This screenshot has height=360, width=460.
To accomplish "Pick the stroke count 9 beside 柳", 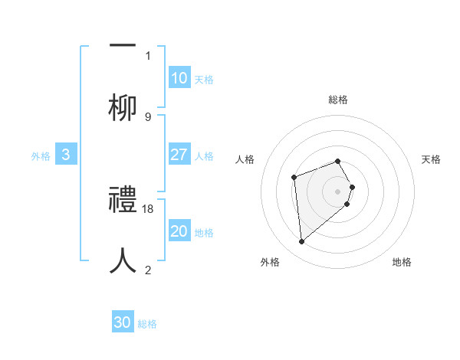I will pyautogui.click(x=148, y=116).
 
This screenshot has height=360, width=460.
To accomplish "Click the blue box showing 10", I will pyautogui.click(x=179, y=78).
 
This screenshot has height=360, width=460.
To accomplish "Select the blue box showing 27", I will pyautogui.click(x=179, y=155).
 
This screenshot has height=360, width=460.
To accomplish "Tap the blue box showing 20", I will pyautogui.click(x=179, y=231).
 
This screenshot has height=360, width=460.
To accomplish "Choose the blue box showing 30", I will pyautogui.click(x=123, y=322).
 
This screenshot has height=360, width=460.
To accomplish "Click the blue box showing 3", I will pyautogui.click(x=66, y=155).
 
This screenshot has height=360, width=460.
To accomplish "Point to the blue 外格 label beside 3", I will pyautogui.click(x=41, y=155).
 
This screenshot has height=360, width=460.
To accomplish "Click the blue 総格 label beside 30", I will pyautogui.click(x=147, y=324).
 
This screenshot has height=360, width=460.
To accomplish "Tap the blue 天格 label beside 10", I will pyautogui.click(x=204, y=79).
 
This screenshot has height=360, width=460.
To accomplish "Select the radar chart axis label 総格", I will pyautogui.click(x=338, y=100).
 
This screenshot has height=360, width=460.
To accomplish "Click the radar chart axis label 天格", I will pyautogui.click(x=432, y=159).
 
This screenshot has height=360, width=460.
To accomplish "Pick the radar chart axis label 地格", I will pyautogui.click(x=402, y=262).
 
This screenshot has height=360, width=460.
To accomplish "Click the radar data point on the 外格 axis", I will pyautogui.click(x=302, y=242).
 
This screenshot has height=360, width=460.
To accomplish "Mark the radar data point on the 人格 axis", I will pyautogui.click(x=294, y=178).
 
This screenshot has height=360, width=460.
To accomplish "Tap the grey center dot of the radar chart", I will pyautogui.click(x=338, y=191).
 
